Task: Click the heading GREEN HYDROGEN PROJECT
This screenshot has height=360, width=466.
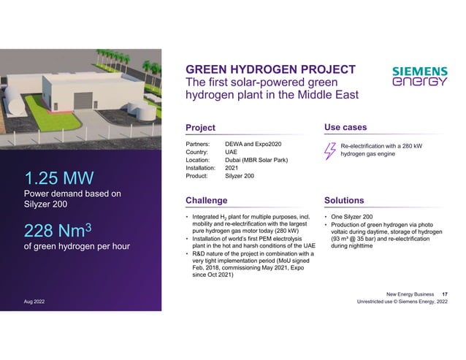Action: pos(270,69)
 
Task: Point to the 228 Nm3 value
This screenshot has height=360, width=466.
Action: pos(61,230)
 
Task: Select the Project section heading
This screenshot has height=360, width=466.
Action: pos(201,129)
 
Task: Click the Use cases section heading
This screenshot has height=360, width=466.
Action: pos(345,129)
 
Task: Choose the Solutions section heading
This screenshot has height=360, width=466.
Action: pos(345,199)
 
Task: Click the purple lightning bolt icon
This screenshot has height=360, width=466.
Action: pos(330,150)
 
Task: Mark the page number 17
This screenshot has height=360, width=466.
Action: pos(446,293)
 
